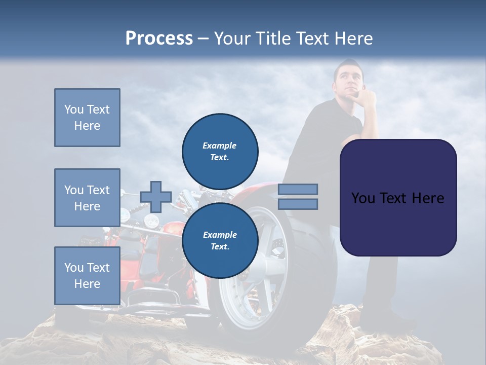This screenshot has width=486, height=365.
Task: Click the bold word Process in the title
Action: (159, 39)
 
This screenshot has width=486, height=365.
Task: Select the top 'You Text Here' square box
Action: (87, 118)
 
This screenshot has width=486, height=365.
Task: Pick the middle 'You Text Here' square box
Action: (87, 198)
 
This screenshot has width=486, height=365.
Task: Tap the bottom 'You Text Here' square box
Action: (87, 276)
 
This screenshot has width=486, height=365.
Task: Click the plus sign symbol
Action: (156, 197)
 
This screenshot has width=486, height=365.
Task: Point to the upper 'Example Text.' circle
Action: (220, 151)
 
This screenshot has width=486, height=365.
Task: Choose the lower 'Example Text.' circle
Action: (220, 240)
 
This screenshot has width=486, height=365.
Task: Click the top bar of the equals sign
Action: (298, 189)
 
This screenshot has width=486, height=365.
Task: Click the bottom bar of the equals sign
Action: (298, 204)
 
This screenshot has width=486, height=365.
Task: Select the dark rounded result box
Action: (398, 198)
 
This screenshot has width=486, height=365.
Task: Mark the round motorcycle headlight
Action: (151, 221)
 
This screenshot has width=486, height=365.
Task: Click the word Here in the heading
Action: (354, 39)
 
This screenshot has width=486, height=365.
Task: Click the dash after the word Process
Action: (204, 39)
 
